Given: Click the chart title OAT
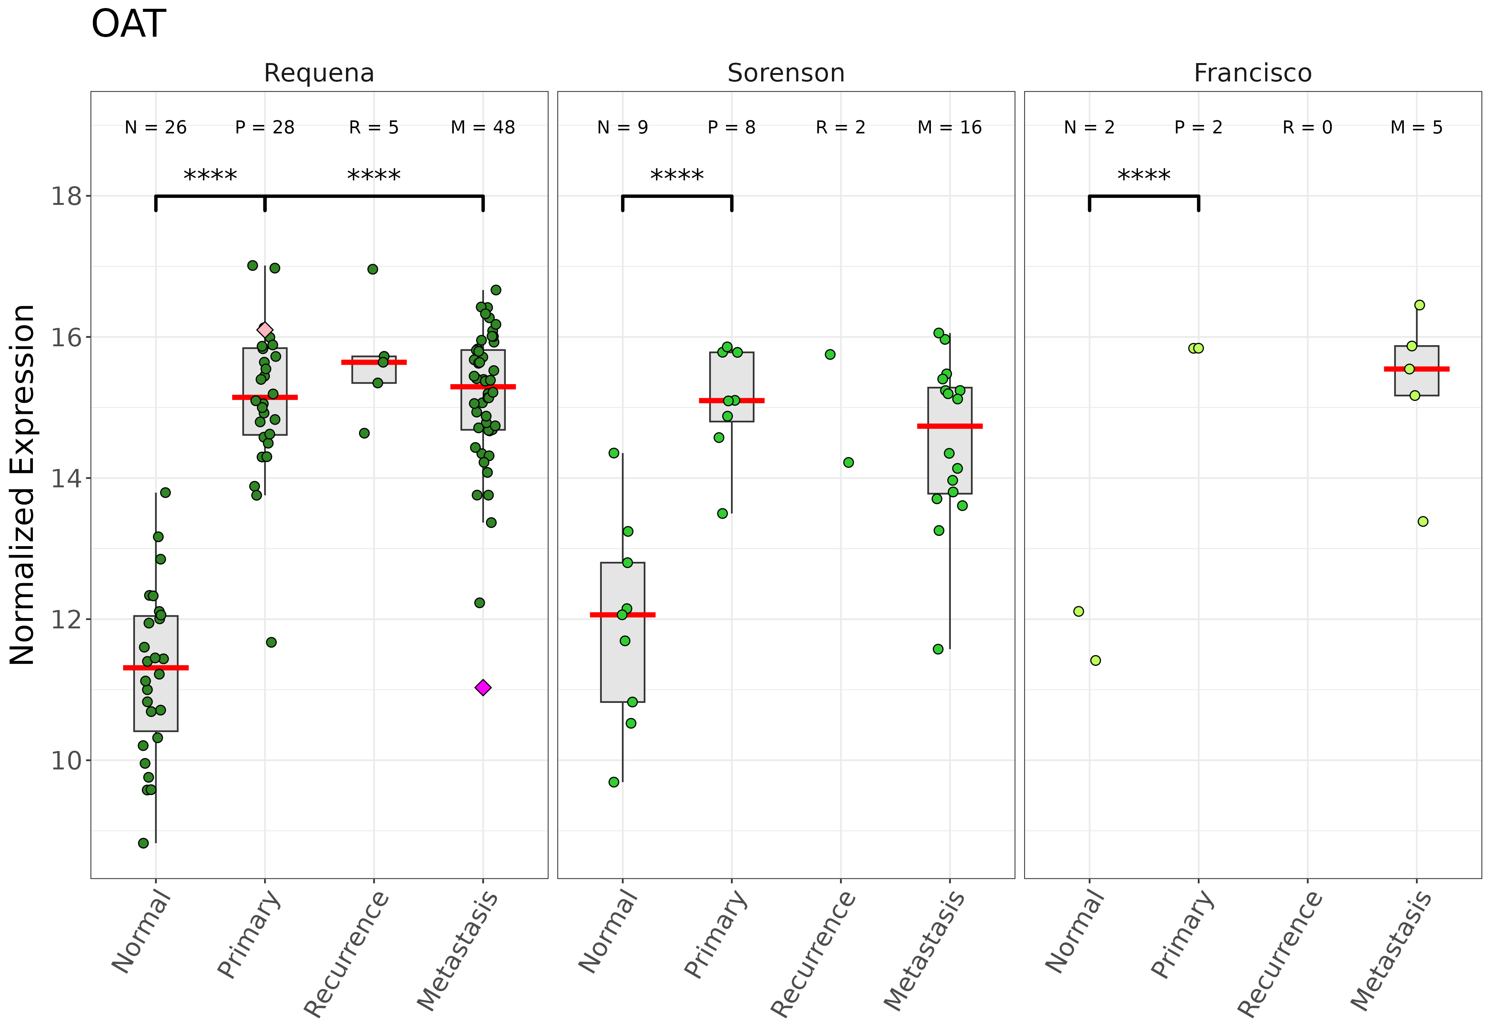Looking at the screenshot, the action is tap(129, 24).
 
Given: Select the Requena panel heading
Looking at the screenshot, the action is tap(319, 73).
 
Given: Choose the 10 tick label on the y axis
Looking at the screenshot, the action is tap(67, 760).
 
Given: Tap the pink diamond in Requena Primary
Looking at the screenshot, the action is tap(265, 330).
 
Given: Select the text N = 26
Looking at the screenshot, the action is tap(156, 127).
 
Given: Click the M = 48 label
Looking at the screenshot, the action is tap(483, 127).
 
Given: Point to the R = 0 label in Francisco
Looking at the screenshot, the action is tap(1307, 127).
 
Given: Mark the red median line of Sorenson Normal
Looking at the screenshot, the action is tap(623, 615).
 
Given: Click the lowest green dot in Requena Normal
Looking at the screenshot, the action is tap(143, 843).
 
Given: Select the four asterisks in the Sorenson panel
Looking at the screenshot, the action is tap(677, 175).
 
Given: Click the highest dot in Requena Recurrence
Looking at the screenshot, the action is tap(373, 269).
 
